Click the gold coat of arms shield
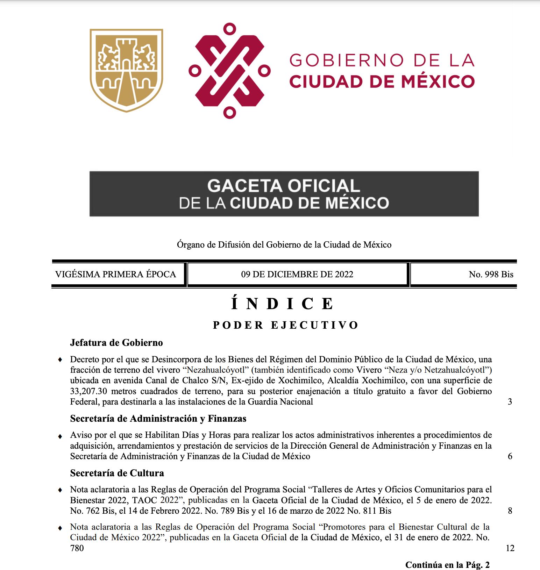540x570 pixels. click(126, 70)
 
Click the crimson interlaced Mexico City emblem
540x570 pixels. click(229, 71)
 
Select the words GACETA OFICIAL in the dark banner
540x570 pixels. click(284, 185)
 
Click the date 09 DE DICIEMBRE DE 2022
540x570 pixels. click(297, 275)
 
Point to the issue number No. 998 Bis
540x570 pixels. click(491, 275)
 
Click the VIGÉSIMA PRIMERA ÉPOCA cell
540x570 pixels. click(116, 275)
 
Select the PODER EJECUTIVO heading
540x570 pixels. click(286, 325)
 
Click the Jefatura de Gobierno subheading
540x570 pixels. click(116, 343)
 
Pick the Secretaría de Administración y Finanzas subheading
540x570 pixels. click(158, 419)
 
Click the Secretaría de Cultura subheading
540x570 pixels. click(117, 473)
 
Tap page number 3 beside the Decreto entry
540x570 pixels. click(510, 402)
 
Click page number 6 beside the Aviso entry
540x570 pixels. click(510, 456)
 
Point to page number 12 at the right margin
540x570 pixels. click(510, 548)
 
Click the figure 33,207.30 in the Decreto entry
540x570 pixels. click(88, 391)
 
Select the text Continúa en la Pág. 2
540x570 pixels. click(447, 565)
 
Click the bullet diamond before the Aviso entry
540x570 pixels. click(61, 436)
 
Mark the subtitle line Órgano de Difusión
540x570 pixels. click(284, 245)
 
